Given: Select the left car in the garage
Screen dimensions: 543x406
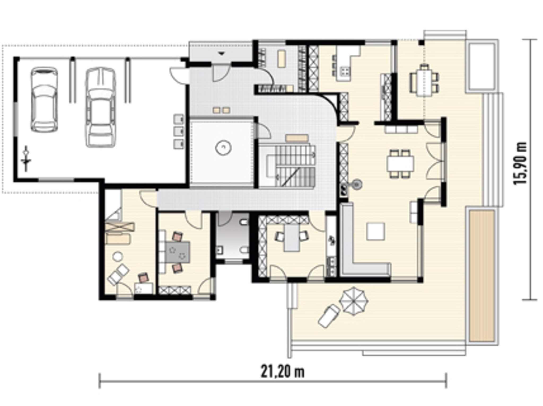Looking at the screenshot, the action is click(x=44, y=99).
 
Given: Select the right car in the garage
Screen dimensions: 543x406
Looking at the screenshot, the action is click(x=101, y=107).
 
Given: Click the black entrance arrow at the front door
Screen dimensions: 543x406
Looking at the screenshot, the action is click(x=222, y=53).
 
